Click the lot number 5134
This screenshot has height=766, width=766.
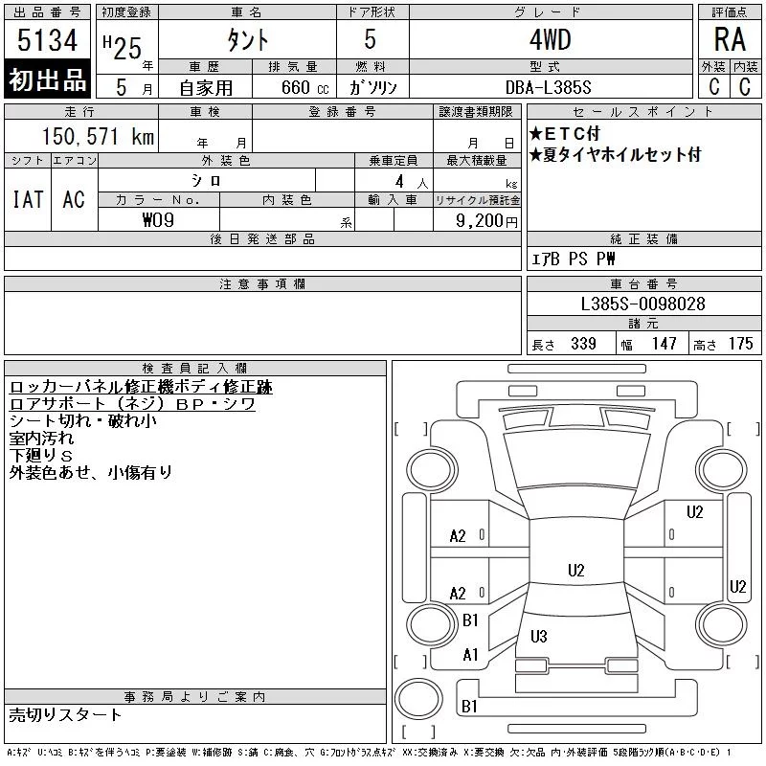point(47,40)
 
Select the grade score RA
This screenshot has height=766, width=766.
point(730,39)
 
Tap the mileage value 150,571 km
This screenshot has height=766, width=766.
point(98,136)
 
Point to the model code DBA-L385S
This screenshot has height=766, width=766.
point(548,87)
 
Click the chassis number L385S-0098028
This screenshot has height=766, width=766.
point(642,304)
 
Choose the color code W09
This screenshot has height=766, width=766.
point(158,220)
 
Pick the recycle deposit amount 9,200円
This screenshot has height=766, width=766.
point(486,221)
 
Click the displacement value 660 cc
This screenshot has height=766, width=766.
point(304,87)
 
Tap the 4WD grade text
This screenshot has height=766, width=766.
point(550,39)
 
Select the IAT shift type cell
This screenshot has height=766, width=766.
point(28,199)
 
